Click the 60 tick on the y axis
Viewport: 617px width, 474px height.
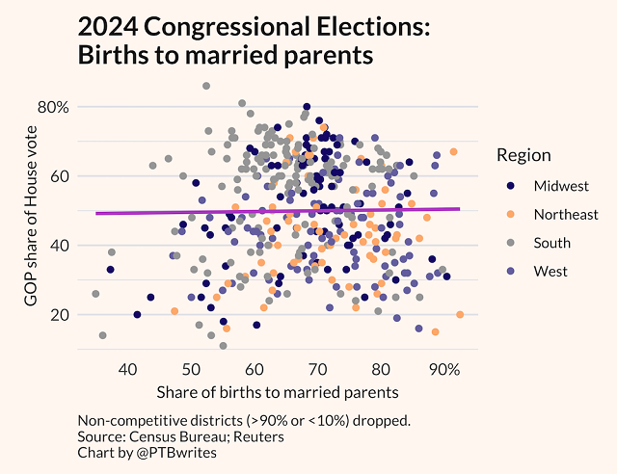pos(58,175)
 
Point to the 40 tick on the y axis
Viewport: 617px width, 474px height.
pos(58,245)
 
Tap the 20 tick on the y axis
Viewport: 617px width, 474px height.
pos(58,314)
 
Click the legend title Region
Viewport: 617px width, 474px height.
pos(523,155)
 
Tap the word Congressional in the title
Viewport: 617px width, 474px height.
pos(250,29)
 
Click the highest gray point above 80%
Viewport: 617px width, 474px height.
pos(206,86)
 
